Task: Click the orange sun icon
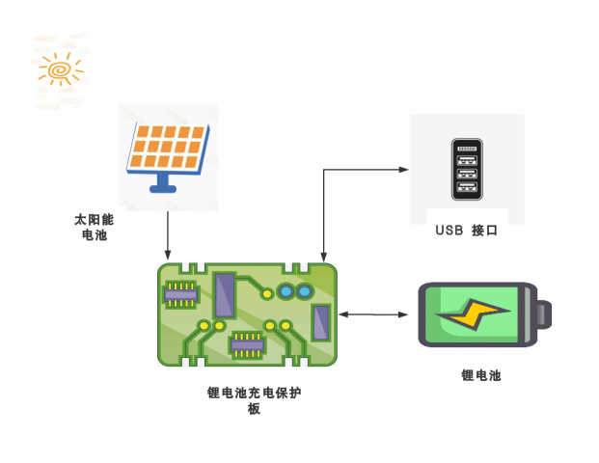[x=61, y=70]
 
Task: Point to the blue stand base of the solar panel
[x=167, y=186]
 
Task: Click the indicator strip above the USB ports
[x=467, y=150]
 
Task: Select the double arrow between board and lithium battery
[x=374, y=314]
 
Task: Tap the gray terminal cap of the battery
[x=545, y=315]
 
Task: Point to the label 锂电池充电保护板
[x=254, y=400]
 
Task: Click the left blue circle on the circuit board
[x=285, y=290]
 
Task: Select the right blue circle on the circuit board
[x=304, y=290]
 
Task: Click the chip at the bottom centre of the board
[x=246, y=341]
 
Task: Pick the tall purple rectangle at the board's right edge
[x=321, y=321]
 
